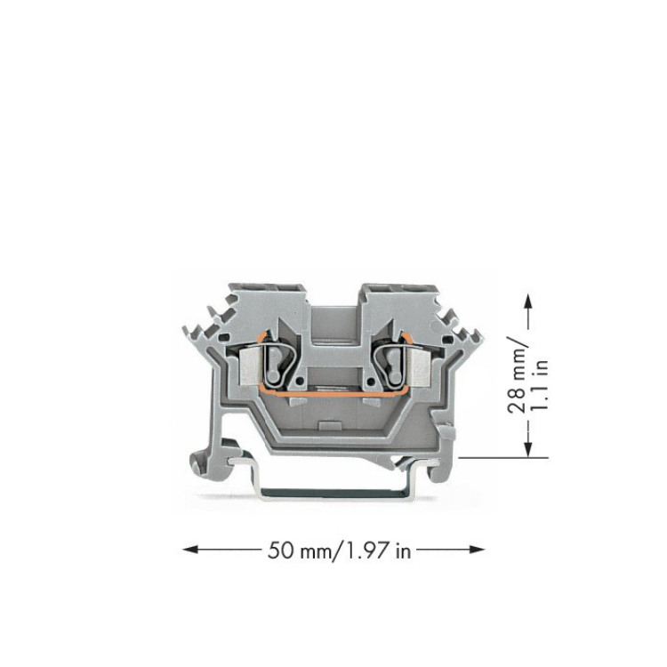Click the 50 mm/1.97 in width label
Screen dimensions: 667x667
pyautogui.click(x=340, y=551)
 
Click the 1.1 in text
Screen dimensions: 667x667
pyautogui.click(x=540, y=384)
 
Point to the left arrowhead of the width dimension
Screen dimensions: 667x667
pyautogui.click(x=189, y=550)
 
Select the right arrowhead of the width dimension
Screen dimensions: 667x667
pyautogui.click(x=477, y=550)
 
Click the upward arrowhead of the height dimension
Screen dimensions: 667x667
pyautogui.click(x=528, y=302)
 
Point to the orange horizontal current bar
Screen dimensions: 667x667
pyautogui.click(x=333, y=395)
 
